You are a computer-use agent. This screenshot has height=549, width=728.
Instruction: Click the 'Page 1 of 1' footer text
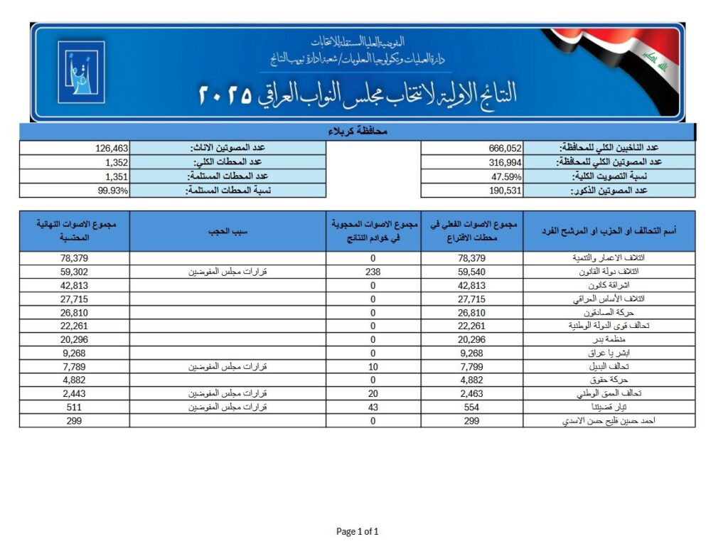[x=357, y=531]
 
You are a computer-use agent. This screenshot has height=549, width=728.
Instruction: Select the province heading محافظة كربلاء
[x=357, y=132]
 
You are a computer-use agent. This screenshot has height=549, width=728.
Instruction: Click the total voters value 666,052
[x=505, y=148]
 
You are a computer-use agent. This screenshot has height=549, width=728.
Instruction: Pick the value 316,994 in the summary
[x=505, y=162]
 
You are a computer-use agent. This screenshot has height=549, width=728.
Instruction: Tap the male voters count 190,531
[x=505, y=191]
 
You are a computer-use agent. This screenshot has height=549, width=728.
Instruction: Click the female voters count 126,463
[x=112, y=148]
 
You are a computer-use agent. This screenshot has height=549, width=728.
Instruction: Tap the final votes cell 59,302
[x=74, y=272]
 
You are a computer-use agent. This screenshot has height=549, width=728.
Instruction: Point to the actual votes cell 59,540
[x=472, y=272]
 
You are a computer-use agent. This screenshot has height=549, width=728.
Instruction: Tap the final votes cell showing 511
[x=74, y=407]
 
